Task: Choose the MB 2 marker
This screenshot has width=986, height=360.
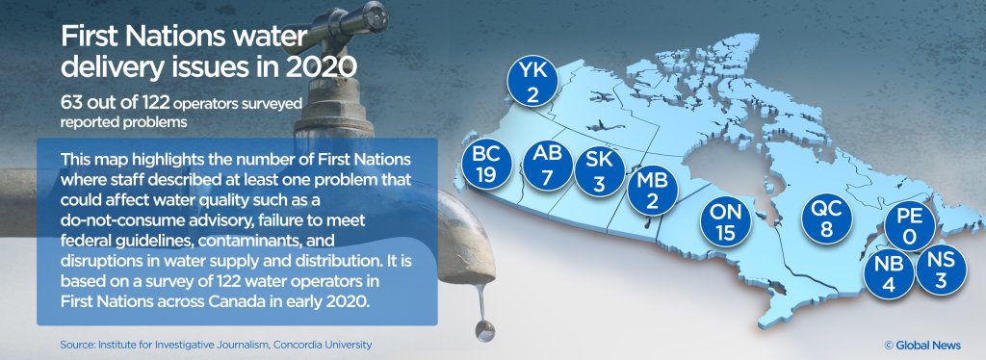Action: [x=654, y=190]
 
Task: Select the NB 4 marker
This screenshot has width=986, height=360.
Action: [x=888, y=273]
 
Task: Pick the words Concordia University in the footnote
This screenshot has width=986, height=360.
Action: [x=322, y=344]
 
